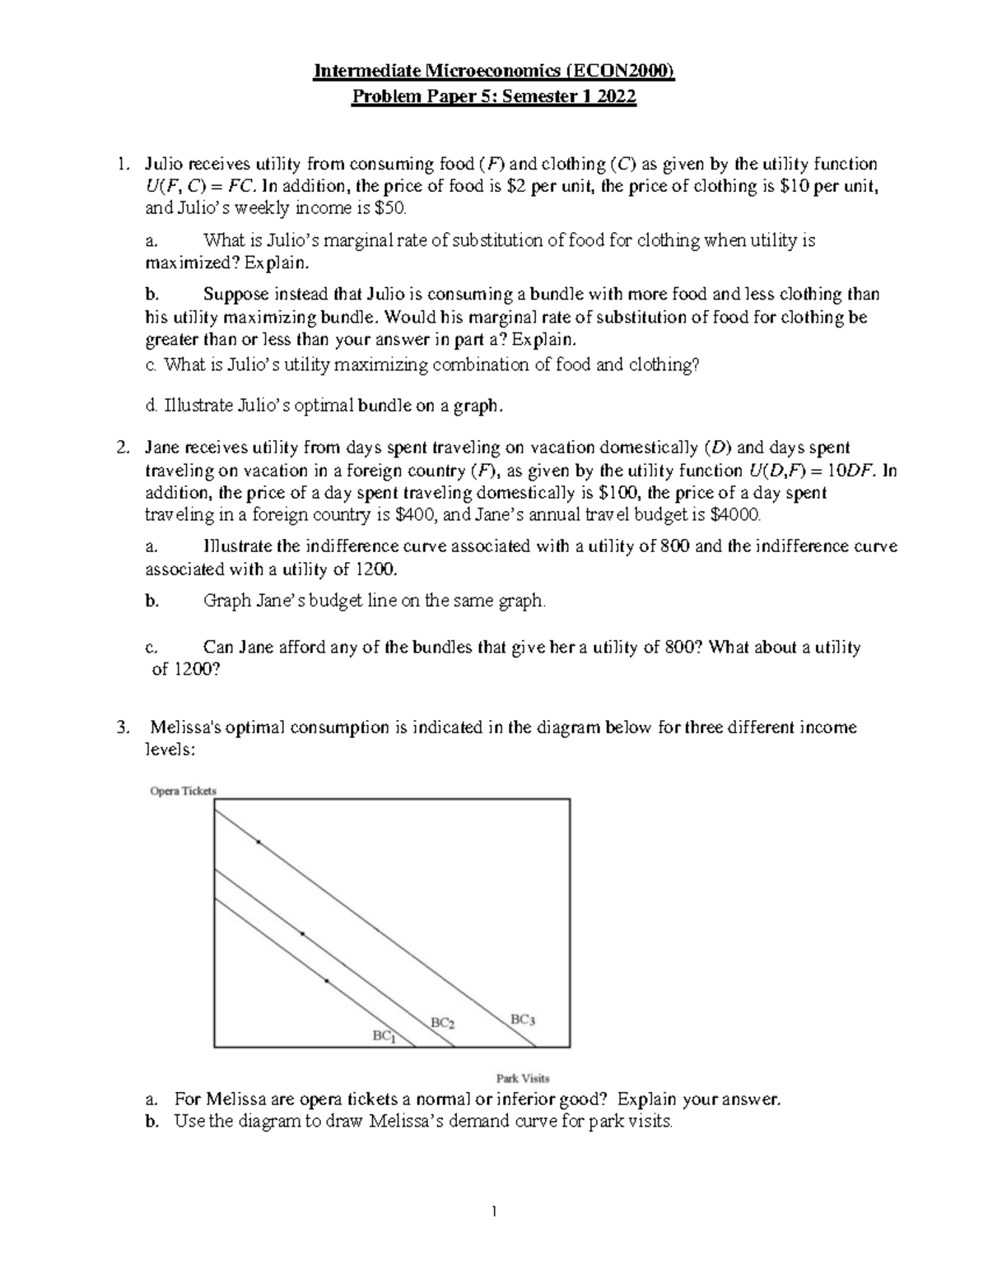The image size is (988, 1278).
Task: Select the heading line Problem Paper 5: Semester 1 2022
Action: [494, 97]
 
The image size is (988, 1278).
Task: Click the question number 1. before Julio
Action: [123, 164]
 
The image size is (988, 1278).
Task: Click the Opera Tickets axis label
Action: [183, 791]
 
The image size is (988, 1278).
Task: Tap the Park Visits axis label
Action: [522, 1077]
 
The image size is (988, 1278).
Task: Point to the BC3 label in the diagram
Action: [523, 1019]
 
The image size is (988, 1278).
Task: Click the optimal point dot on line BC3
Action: [258, 842]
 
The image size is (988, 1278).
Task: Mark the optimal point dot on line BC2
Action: [302, 933]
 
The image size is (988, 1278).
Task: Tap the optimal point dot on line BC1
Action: [326, 981]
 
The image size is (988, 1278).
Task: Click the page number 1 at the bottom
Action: [494, 1211]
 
